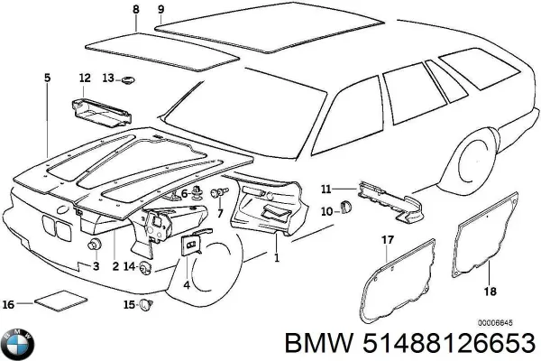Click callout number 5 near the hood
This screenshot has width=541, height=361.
[x=47, y=79]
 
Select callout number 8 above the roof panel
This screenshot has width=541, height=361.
[x=135, y=10]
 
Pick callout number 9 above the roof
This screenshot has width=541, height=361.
[x=160, y=10]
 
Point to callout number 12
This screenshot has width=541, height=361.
[x=84, y=78]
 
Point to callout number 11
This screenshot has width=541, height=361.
[x=326, y=189]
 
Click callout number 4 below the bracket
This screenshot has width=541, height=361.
[x=186, y=285]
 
